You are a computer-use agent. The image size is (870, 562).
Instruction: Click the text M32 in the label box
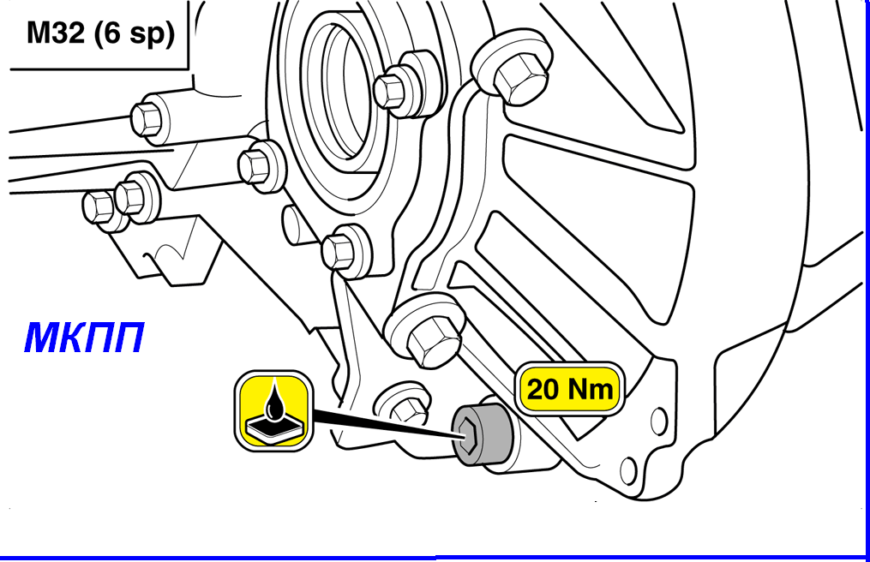point(56,33)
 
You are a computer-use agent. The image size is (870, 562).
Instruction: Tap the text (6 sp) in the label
point(135,34)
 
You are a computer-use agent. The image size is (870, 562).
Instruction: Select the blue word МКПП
point(84,338)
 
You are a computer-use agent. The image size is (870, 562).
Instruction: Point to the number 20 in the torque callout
point(543,389)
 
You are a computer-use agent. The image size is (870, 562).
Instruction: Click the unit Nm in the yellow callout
point(591,389)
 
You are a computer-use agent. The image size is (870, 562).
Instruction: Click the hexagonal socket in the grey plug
point(467,434)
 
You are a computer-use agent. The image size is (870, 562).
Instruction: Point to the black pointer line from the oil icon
point(385,424)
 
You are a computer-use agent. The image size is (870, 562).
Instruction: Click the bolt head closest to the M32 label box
point(147,117)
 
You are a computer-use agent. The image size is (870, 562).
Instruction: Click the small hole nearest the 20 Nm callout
point(658,421)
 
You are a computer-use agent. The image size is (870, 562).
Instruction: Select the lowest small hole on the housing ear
point(628,470)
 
